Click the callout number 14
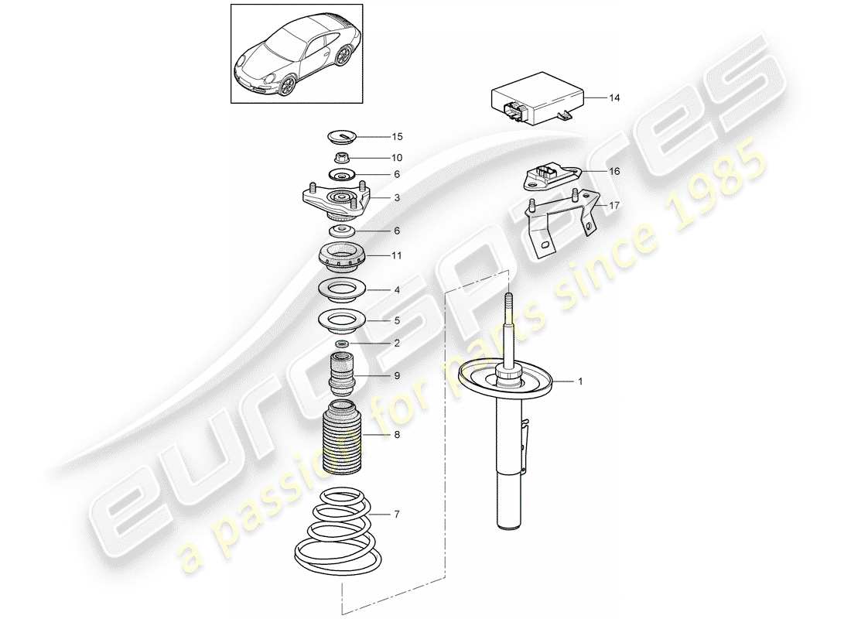click(614, 98)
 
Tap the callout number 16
click(614, 171)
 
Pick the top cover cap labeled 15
click(343, 138)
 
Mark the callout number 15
click(397, 137)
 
